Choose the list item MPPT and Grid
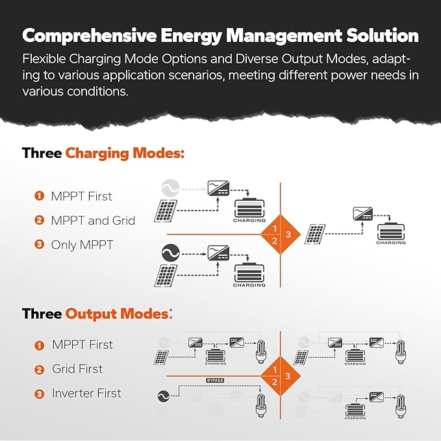tap(94, 220)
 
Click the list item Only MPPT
tap(82, 245)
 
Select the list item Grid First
tap(77, 369)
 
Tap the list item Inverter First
tap(86, 393)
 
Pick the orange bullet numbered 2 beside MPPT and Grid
tap(39, 221)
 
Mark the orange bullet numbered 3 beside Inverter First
tap(39, 394)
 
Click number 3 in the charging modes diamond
tap(288, 234)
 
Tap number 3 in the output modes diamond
tap(288, 375)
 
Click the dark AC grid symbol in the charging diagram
tap(170, 251)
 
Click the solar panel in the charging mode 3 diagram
tap(315, 235)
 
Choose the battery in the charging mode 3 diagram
tap(391, 231)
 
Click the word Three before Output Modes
tap(42, 314)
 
